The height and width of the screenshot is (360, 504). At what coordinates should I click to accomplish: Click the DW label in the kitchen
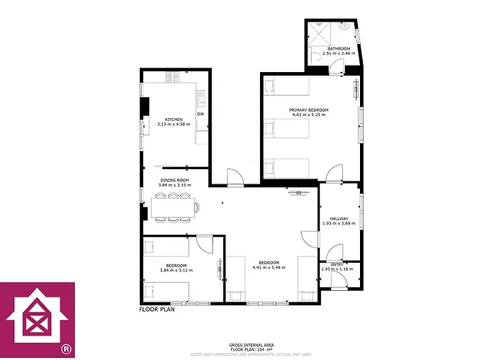(200, 114)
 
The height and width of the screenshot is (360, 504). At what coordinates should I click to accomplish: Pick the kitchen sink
(203, 94)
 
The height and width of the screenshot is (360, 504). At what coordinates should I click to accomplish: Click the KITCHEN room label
(174, 120)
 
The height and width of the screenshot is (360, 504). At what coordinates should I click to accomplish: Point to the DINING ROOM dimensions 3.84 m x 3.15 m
(174, 185)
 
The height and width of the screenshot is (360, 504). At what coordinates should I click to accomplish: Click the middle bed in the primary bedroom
(287, 130)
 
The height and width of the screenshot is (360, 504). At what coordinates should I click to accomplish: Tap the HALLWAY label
(338, 218)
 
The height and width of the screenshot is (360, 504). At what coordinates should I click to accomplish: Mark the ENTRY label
(337, 264)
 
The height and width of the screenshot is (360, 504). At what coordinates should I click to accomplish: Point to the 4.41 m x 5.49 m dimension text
(269, 267)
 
